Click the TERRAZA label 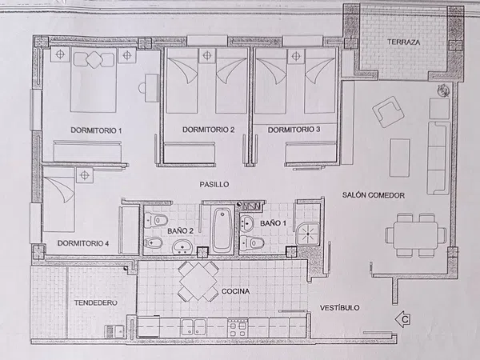(x=404, y=42)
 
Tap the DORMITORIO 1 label (x=96, y=130)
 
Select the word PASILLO (x=214, y=184)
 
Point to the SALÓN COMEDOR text (x=373, y=195)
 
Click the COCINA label (x=235, y=291)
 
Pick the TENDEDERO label (x=96, y=302)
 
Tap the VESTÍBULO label (x=339, y=308)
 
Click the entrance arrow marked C (x=402, y=319)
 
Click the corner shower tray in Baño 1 (x=308, y=234)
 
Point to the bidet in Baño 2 (x=154, y=242)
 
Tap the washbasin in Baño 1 (x=246, y=222)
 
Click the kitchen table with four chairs (x=198, y=281)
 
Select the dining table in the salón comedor (x=415, y=235)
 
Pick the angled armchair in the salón (x=388, y=111)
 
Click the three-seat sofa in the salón (x=438, y=158)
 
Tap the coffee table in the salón (x=399, y=158)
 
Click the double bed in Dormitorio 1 (x=94, y=80)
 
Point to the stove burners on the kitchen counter (x=238, y=327)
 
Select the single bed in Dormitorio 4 (x=59, y=199)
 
